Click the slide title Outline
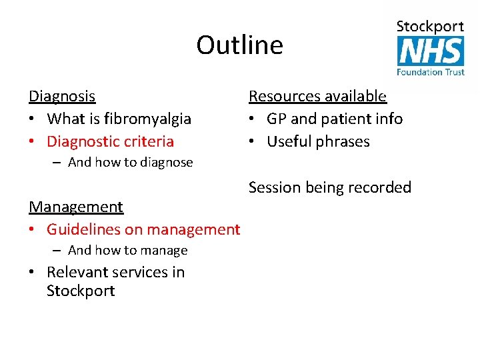tap(239, 45)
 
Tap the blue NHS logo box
tap(431, 51)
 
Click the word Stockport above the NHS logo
tap(431, 27)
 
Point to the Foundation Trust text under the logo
tap(431, 71)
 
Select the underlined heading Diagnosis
tap(62, 96)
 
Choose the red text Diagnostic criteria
tap(110, 141)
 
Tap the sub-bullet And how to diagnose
tap(130, 162)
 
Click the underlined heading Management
tap(76, 207)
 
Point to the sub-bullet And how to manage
tap(127, 251)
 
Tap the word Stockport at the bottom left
tap(81, 291)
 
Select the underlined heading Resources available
tap(317, 96)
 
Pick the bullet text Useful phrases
tap(318, 141)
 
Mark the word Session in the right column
tap(275, 187)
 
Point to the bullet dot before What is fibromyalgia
tap(33, 119)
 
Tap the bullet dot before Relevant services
tap(33, 273)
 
